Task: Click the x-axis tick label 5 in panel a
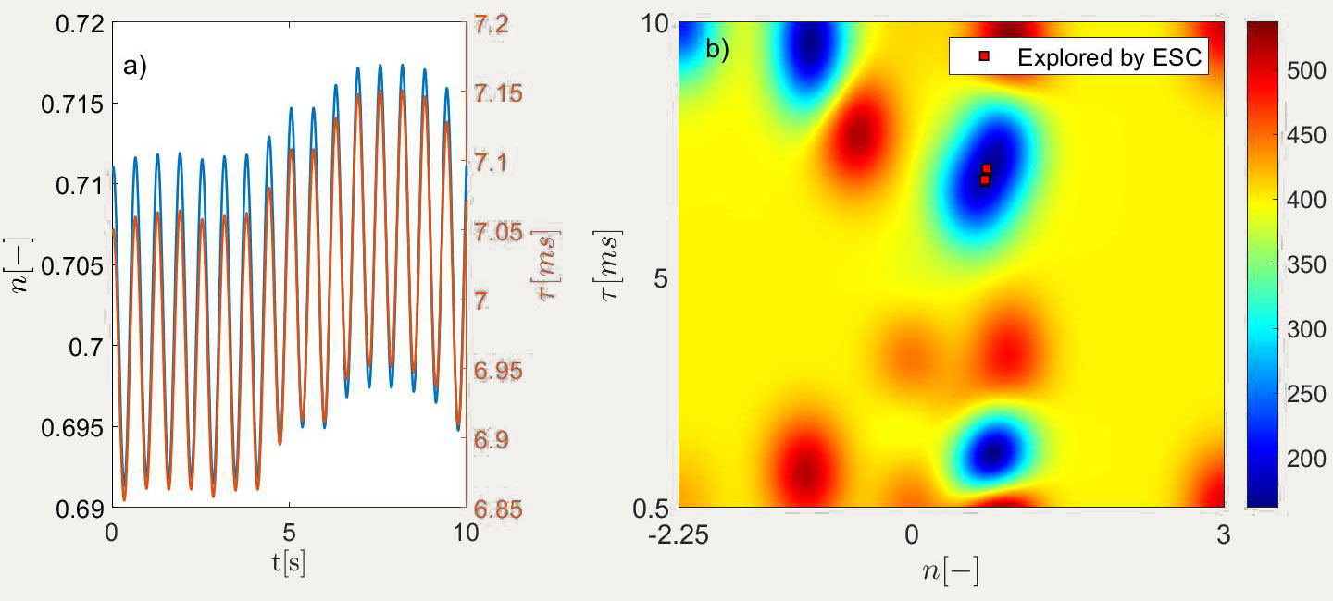[x=289, y=534]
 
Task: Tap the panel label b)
[x=717, y=49]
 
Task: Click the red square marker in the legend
[x=985, y=57]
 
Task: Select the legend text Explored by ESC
[x=1108, y=57]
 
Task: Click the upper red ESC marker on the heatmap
[x=987, y=168]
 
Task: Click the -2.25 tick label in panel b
[x=678, y=534]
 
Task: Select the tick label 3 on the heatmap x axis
[x=1223, y=534]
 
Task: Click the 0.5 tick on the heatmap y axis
[x=652, y=508]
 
